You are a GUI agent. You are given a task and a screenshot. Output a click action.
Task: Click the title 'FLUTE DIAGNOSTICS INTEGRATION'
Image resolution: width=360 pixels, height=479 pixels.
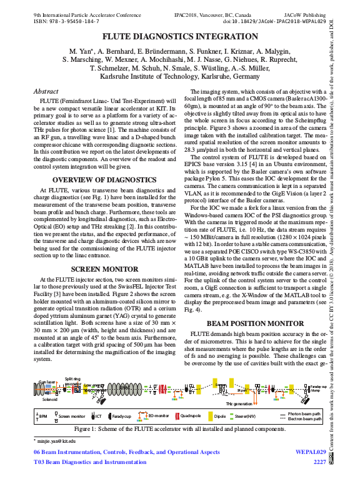180,37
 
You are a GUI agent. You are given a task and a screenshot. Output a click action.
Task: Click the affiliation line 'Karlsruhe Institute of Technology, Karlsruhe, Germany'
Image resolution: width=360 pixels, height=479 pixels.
179,76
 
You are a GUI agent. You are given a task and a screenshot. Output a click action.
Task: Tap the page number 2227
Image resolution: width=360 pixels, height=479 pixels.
319,462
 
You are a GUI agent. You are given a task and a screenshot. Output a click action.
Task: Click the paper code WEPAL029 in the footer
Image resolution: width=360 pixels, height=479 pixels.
310,451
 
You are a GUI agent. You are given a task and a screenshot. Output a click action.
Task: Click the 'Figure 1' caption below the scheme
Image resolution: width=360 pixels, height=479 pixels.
179,429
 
